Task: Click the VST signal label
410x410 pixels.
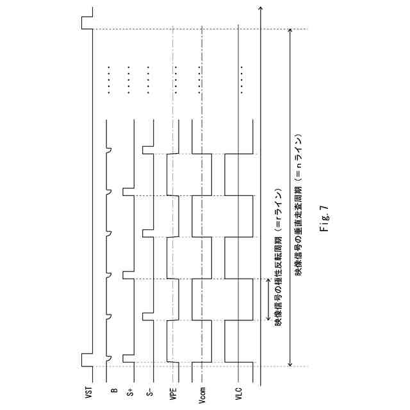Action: click(x=89, y=392)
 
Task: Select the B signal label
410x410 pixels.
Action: click(x=113, y=389)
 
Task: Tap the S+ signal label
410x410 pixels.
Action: click(x=131, y=391)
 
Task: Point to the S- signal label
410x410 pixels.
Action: click(x=150, y=391)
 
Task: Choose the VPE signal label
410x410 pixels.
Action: click(x=172, y=392)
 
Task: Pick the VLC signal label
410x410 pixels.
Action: click(x=238, y=392)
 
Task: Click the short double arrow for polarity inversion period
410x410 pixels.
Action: click(x=269, y=299)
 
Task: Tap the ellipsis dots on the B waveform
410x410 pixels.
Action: click(x=110, y=79)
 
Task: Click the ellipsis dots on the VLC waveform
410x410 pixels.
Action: click(x=242, y=79)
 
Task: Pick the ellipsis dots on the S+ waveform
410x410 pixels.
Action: click(x=129, y=79)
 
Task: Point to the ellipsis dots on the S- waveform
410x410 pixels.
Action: click(x=148, y=79)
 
